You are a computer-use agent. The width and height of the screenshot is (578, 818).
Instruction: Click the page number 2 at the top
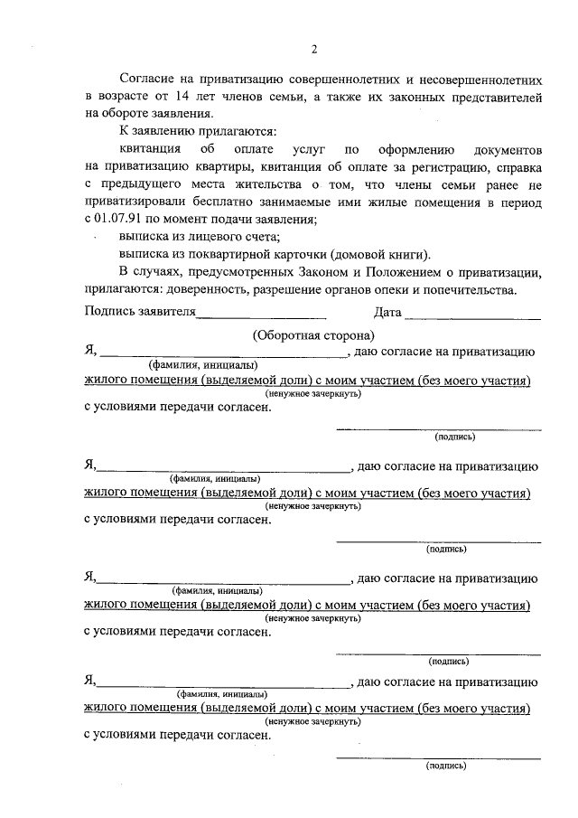pyautogui.click(x=313, y=49)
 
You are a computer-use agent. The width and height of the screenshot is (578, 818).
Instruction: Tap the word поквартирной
pyautogui.click(x=217, y=254)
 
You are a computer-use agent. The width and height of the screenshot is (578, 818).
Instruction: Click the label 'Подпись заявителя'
pyautogui.click(x=139, y=314)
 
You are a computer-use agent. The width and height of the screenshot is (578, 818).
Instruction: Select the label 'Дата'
pyautogui.click(x=387, y=314)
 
